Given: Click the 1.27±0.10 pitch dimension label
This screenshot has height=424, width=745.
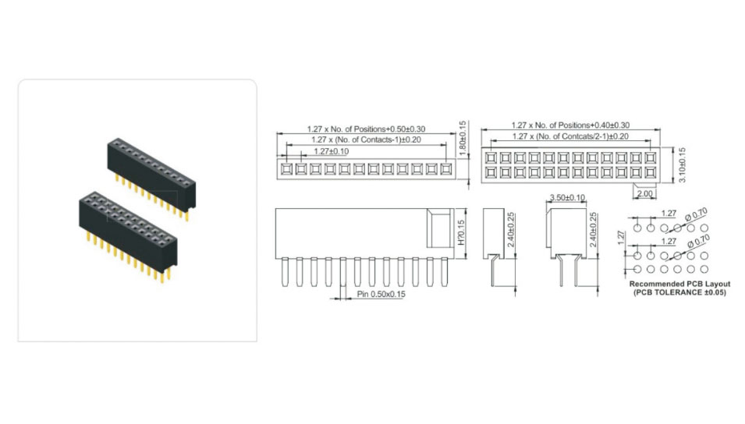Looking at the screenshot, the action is click(x=332, y=151).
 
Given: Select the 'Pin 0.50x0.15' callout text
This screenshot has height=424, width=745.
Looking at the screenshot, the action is click(x=381, y=295).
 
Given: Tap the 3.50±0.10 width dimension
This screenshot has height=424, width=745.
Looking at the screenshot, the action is click(x=567, y=197).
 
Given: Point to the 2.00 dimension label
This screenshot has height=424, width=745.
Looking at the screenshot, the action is click(x=644, y=194).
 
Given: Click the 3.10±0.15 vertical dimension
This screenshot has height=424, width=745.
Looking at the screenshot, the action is click(x=683, y=165).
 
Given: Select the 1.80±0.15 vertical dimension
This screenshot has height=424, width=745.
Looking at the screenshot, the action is click(x=463, y=139).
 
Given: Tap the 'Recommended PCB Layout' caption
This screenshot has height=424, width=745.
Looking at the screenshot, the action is click(x=680, y=284).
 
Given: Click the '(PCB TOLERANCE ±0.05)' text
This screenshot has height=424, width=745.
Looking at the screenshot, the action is click(x=680, y=292).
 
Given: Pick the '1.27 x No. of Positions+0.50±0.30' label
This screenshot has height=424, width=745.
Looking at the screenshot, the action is click(x=366, y=129).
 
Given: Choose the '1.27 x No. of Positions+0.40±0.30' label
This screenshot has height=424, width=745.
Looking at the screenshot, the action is click(x=570, y=125).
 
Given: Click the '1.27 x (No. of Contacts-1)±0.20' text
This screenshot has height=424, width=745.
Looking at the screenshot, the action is click(x=366, y=140).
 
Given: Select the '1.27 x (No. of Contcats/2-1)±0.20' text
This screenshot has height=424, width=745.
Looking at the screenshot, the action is click(x=570, y=136).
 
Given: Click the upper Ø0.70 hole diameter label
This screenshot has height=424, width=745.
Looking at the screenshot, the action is click(x=696, y=215).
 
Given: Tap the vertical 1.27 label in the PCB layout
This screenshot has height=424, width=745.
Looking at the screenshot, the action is click(x=621, y=238).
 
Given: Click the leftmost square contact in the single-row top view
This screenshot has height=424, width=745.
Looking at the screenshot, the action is click(x=286, y=169).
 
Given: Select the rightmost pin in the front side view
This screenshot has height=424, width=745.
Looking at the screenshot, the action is click(x=444, y=272).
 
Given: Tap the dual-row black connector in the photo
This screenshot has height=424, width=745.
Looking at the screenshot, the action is click(x=128, y=236).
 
